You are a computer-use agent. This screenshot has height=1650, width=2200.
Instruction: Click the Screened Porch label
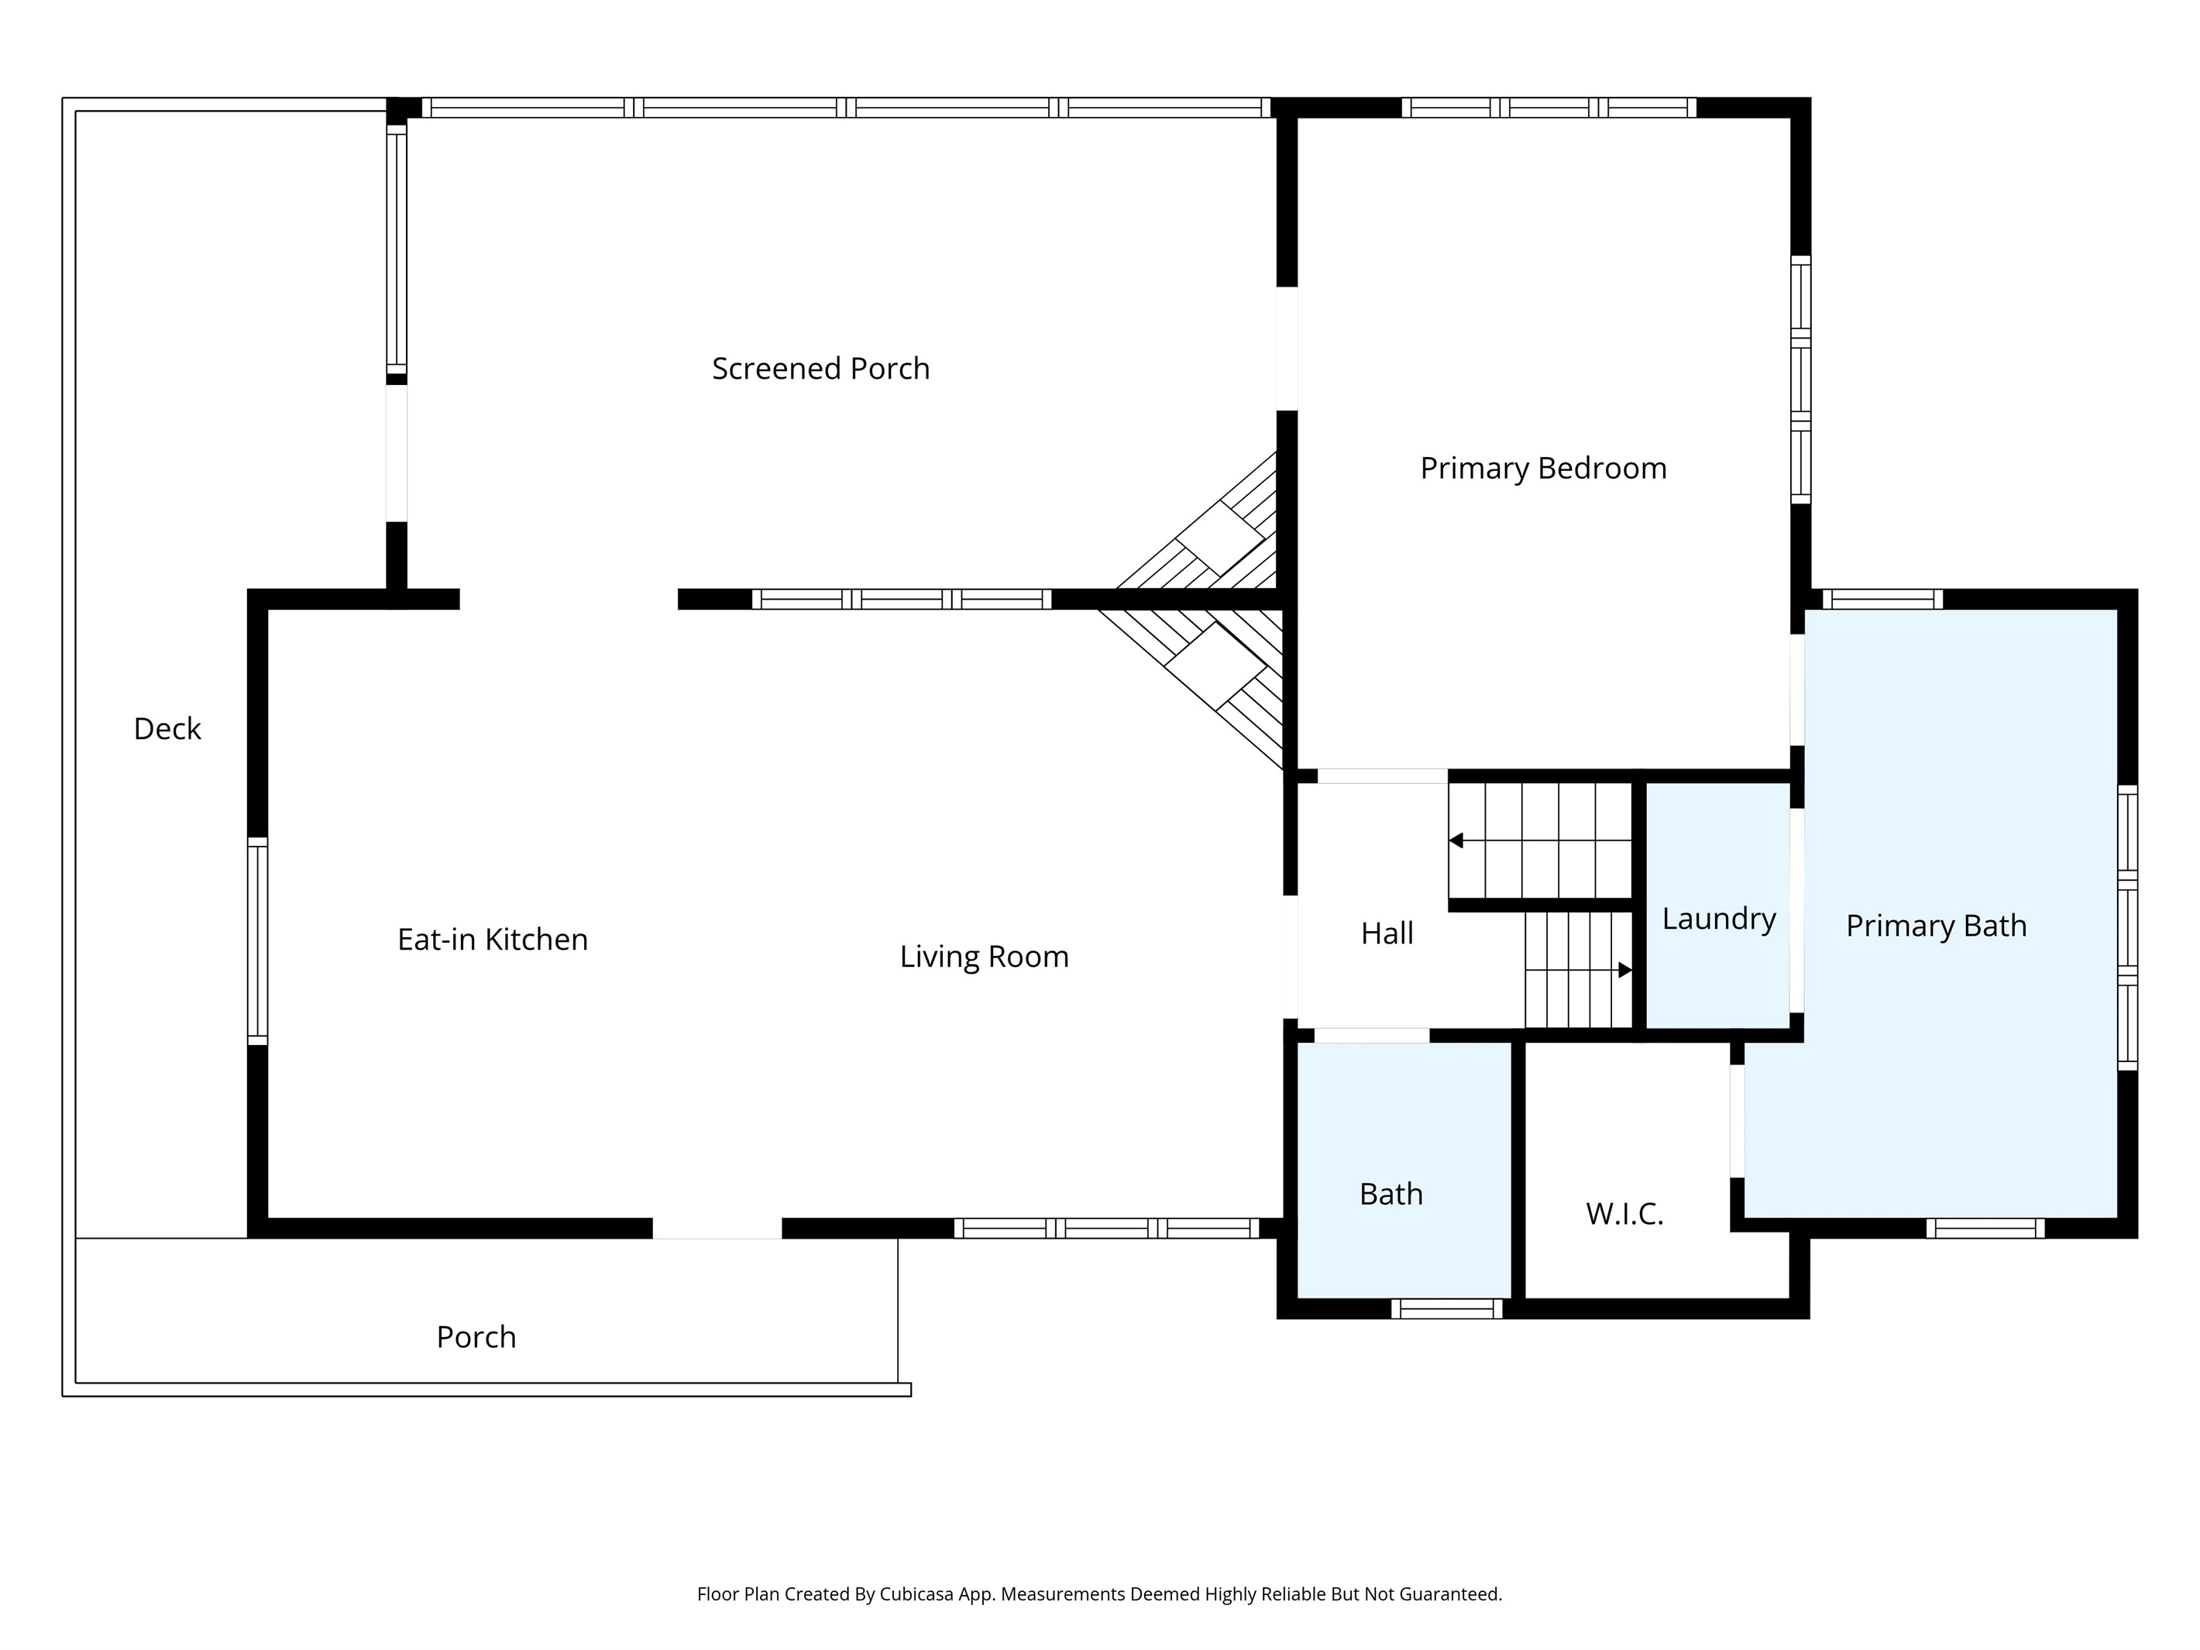click(820, 369)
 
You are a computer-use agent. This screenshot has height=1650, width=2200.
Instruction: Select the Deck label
click(167, 729)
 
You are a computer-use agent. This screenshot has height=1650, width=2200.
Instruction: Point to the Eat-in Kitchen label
click(493, 940)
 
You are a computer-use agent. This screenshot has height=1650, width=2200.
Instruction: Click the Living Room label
click(984, 957)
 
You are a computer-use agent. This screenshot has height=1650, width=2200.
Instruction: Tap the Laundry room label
click(1719, 919)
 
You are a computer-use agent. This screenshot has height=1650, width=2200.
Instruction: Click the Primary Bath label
click(1935, 926)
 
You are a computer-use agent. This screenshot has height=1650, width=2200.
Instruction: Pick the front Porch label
click(476, 1337)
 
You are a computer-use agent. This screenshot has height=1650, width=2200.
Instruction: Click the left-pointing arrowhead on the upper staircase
click(1456, 840)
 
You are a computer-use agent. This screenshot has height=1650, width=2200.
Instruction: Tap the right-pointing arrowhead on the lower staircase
click(1625, 970)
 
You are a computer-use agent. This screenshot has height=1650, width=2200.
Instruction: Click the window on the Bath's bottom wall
click(1446, 1309)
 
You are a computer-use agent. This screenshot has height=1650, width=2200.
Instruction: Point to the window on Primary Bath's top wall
click(1882, 599)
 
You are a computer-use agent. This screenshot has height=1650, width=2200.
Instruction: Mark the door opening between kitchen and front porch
click(717, 1229)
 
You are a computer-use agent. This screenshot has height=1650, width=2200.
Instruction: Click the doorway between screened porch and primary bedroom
click(1287, 349)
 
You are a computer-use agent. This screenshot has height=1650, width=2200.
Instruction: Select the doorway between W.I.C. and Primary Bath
click(1737, 1121)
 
